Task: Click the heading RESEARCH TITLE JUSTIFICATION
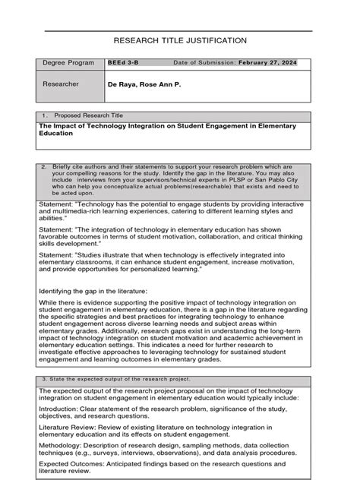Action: [x=181, y=40]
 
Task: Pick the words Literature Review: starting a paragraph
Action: [x=68, y=427]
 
